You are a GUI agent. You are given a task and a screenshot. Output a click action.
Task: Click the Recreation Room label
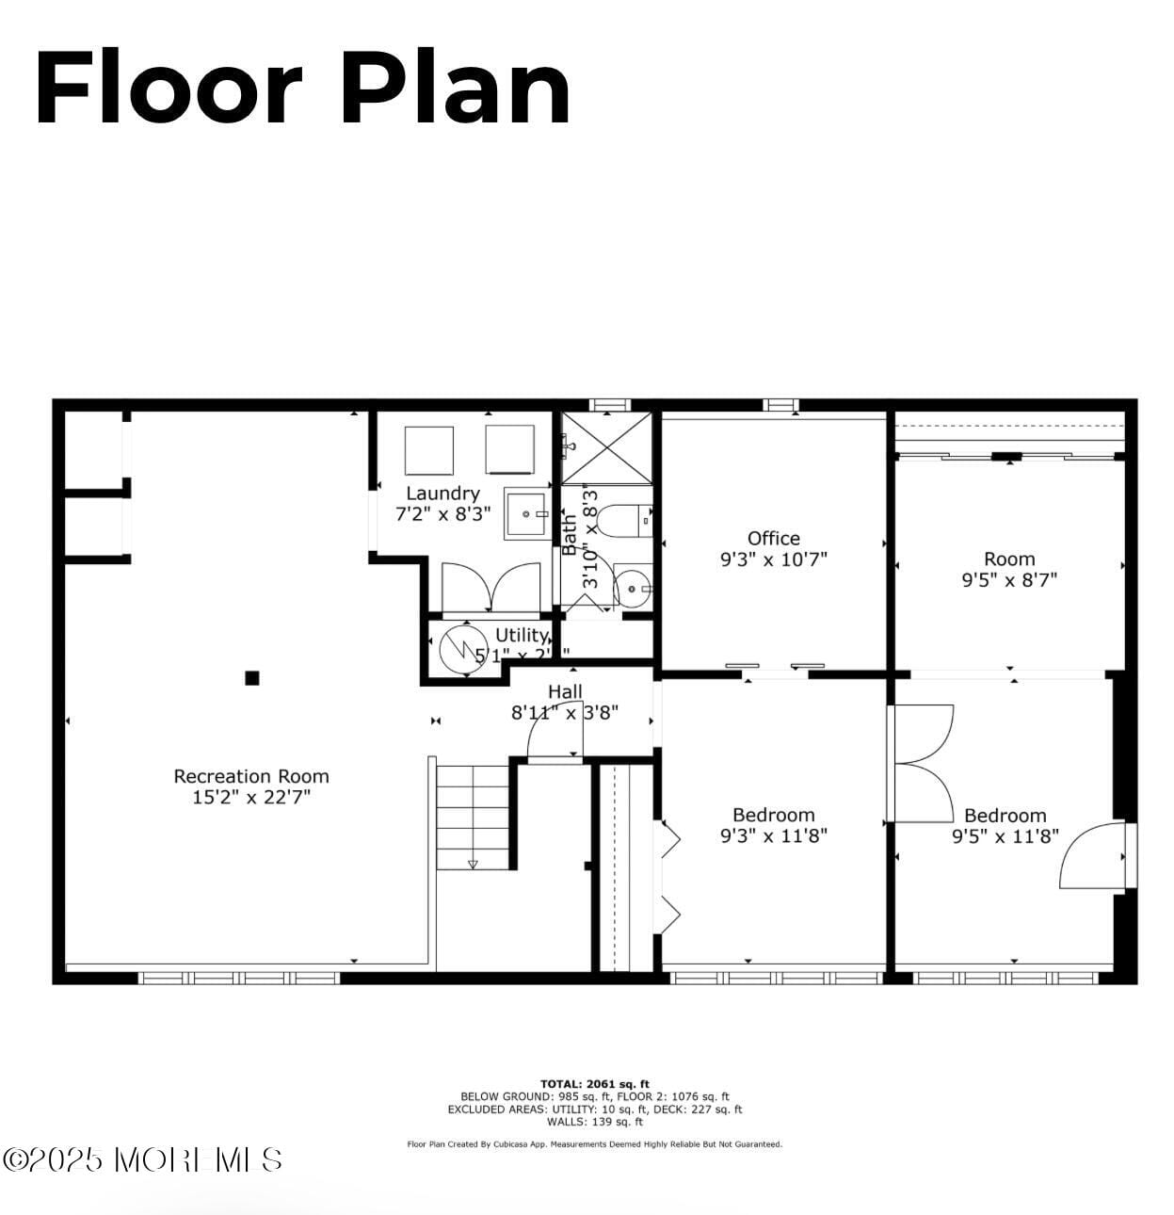(x=251, y=776)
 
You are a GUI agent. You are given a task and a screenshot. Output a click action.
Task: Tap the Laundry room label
(x=442, y=493)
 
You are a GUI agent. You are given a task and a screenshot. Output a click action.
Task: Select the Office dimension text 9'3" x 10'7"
(x=773, y=559)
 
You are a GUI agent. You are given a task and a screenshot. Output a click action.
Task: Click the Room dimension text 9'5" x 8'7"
(x=1008, y=580)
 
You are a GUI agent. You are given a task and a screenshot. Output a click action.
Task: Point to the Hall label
(x=565, y=692)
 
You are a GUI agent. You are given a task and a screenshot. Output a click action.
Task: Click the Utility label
(x=521, y=635)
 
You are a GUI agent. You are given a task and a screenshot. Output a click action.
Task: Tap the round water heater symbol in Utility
(x=462, y=647)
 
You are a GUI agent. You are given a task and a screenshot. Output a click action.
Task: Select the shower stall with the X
(x=606, y=448)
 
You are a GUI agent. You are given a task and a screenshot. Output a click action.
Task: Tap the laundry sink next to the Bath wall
(x=526, y=514)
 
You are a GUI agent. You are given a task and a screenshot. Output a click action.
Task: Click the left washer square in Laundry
(x=429, y=450)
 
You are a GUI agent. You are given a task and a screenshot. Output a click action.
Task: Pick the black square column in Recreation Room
(x=251, y=677)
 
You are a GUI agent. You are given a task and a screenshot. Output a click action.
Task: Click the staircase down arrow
(x=473, y=863)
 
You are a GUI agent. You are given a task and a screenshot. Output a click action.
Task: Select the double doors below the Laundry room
(x=491, y=588)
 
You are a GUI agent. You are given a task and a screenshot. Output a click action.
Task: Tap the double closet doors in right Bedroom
(x=923, y=763)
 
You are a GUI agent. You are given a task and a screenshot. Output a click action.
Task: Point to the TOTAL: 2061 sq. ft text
(x=594, y=1084)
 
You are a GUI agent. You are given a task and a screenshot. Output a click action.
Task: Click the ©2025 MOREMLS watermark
(x=142, y=1159)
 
